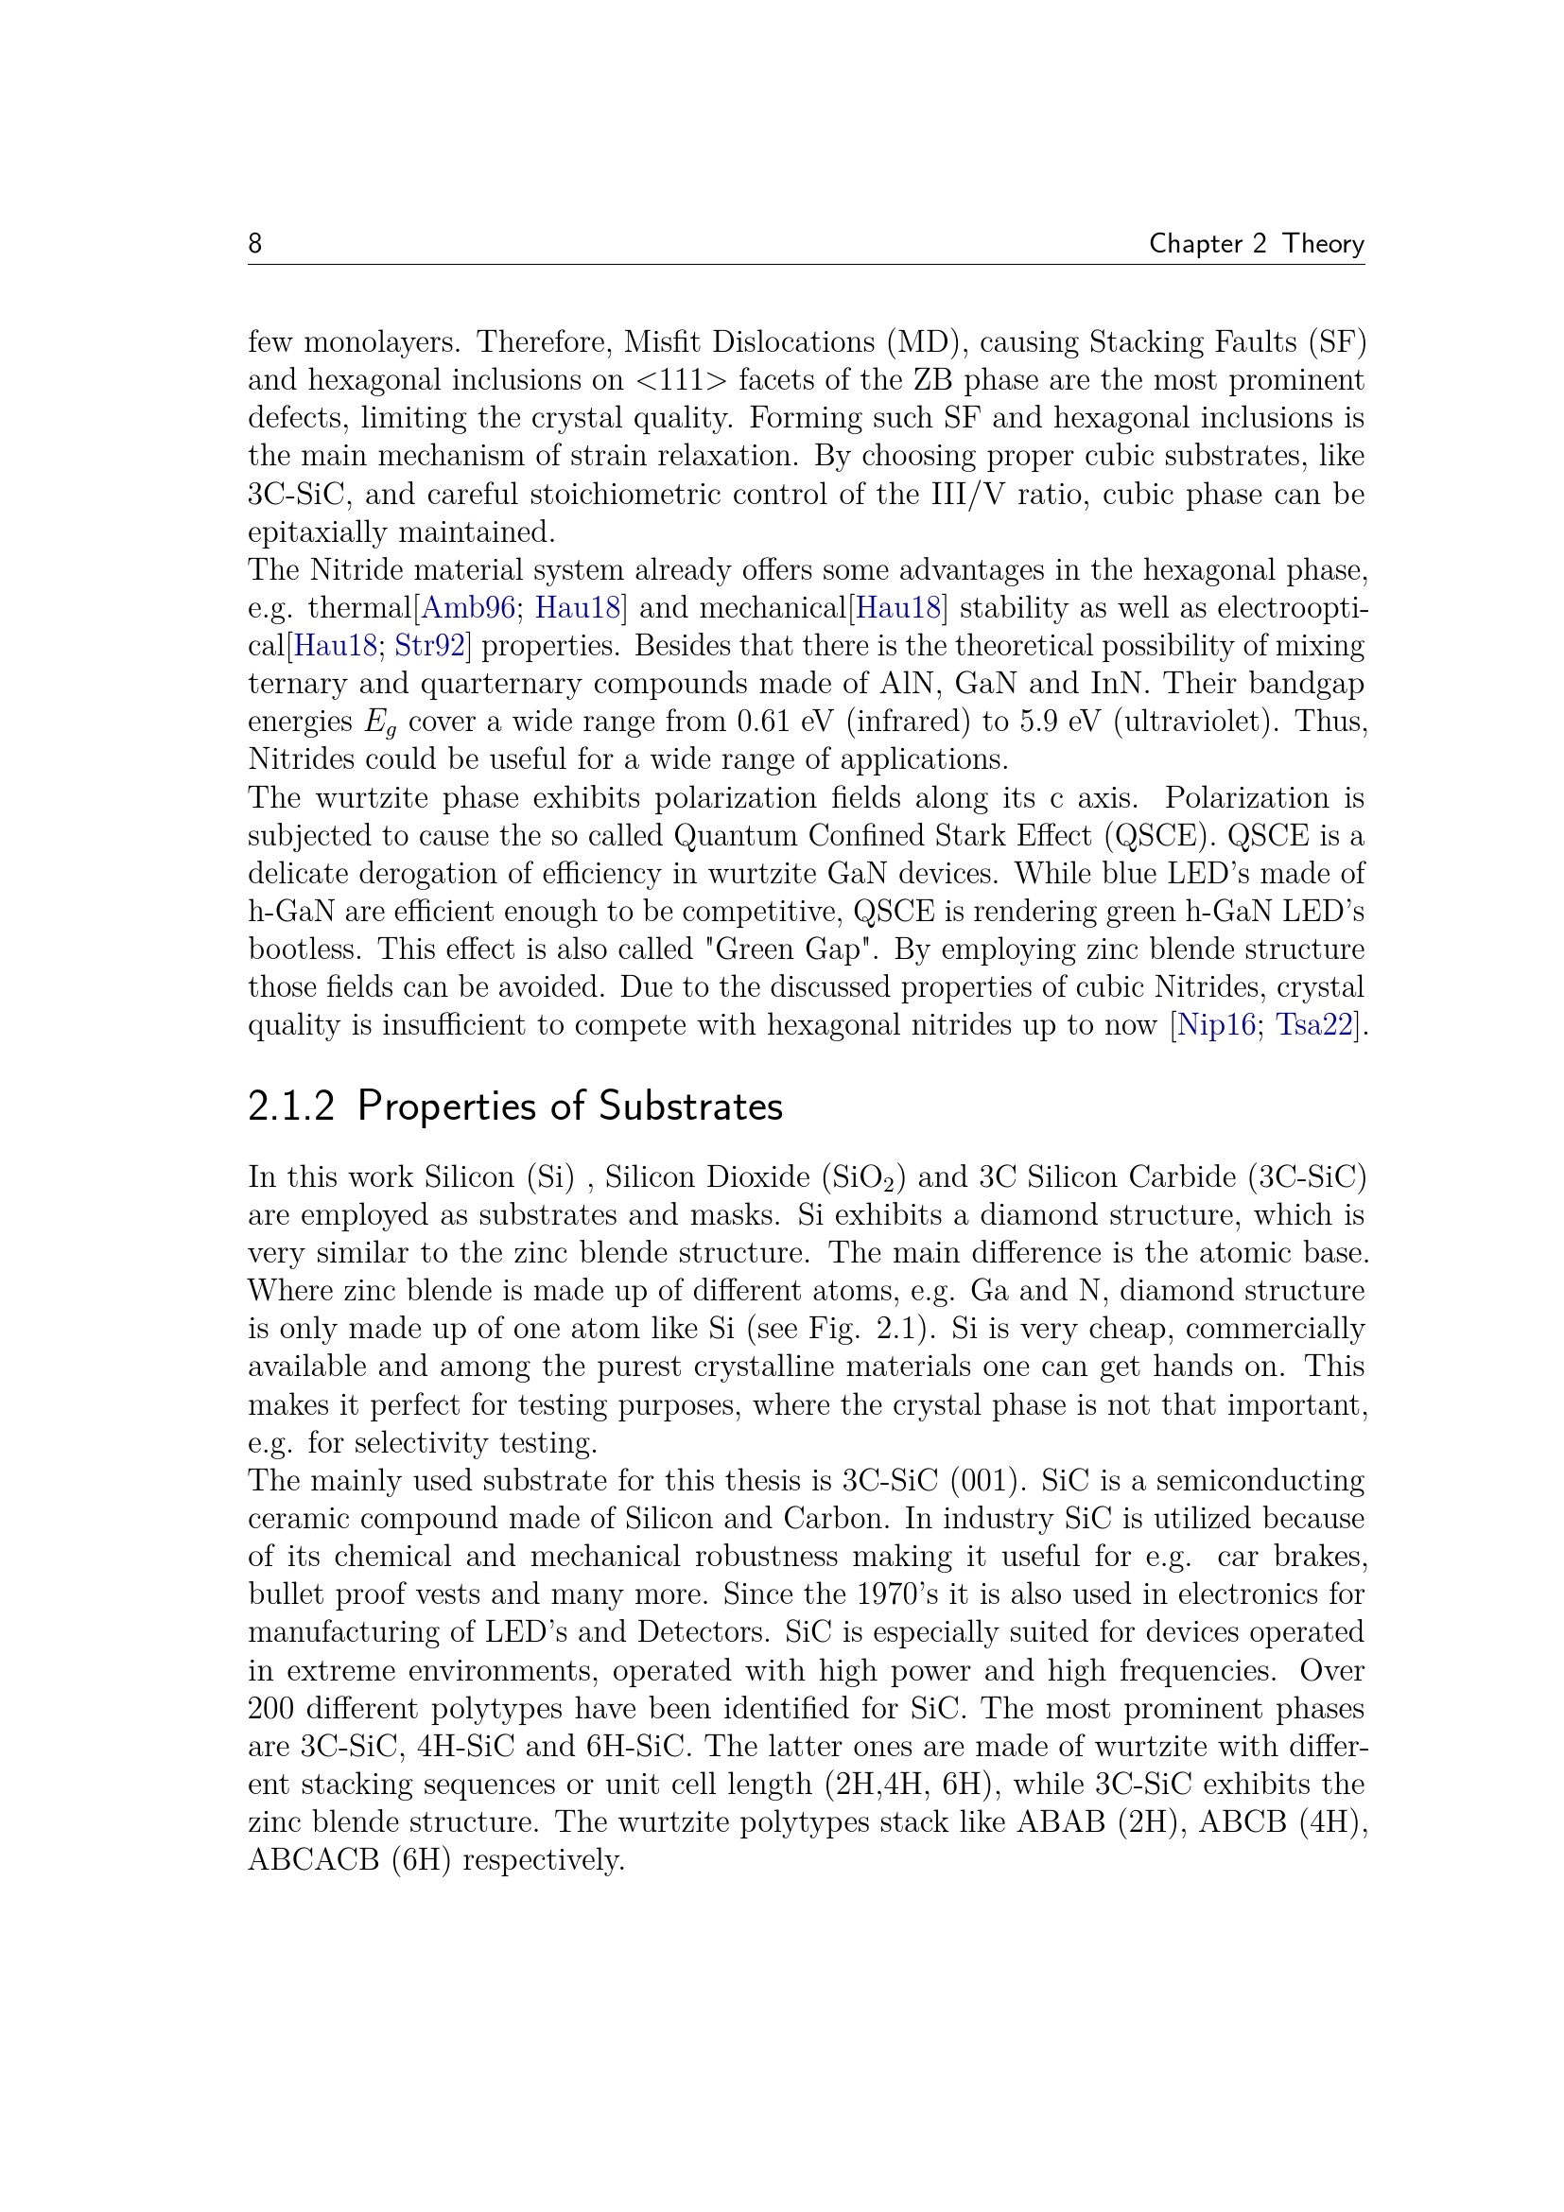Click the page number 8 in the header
pos(255,243)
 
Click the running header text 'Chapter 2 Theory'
pos(1256,244)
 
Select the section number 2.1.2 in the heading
pos(291,1106)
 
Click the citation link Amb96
pos(468,608)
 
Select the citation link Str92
pos(429,646)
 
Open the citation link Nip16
pos(1215,1024)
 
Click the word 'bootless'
pos(304,949)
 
